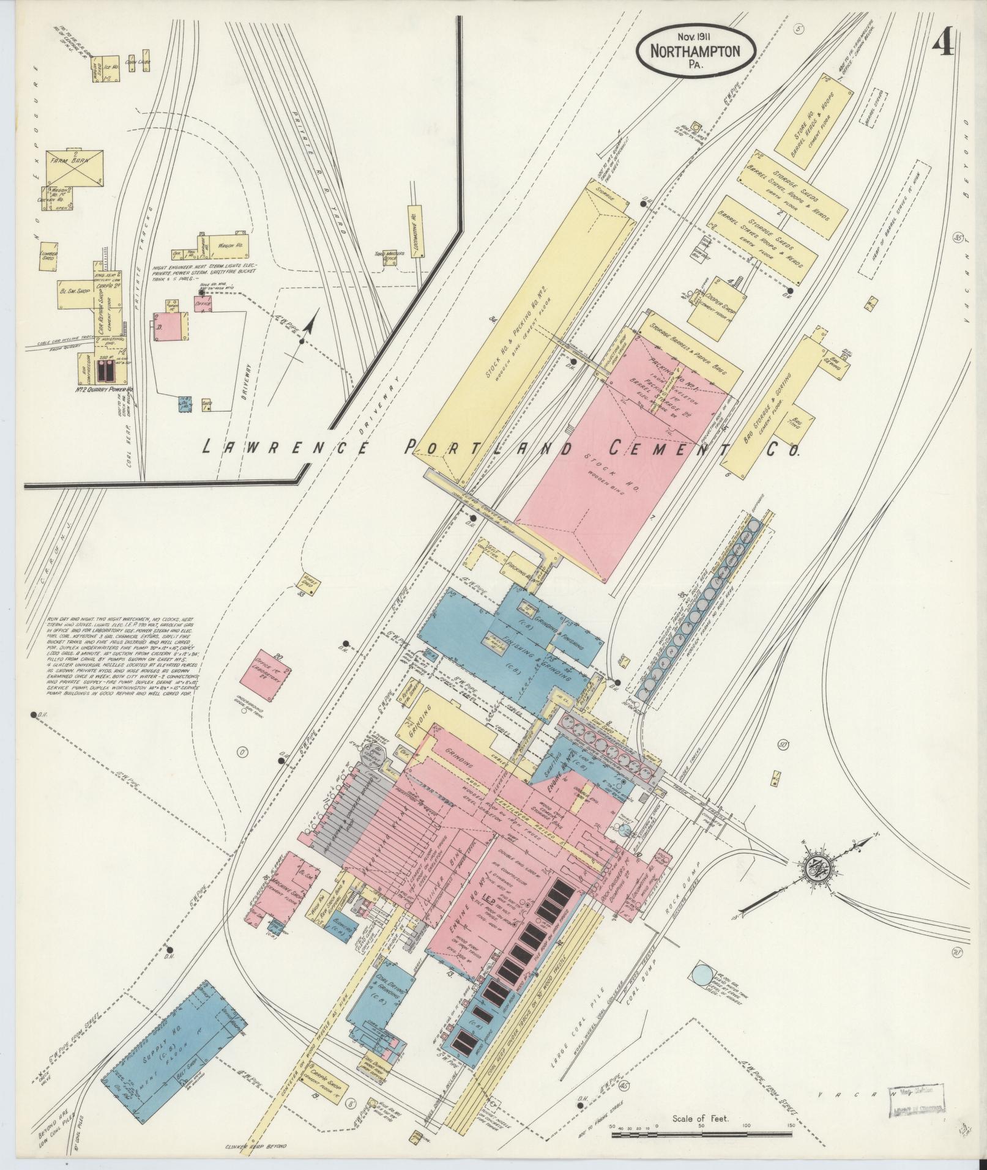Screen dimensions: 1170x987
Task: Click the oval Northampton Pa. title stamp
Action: click(695, 53)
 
